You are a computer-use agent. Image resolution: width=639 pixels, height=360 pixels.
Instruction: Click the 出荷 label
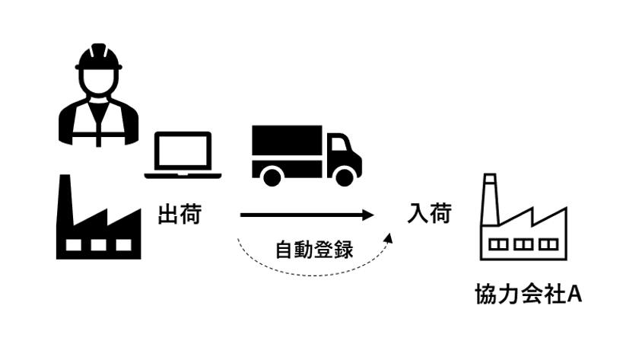point(180,214)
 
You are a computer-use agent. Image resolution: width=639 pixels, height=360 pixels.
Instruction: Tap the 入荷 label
point(429,213)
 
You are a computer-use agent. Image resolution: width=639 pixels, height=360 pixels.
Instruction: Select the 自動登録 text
point(314,250)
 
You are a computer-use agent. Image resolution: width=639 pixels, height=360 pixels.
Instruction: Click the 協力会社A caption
point(529,294)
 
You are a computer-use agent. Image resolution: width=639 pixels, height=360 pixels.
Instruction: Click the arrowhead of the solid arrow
point(368,215)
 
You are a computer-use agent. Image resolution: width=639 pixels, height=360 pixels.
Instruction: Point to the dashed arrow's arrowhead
point(389,237)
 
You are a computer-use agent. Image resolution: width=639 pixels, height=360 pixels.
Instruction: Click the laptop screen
point(183,151)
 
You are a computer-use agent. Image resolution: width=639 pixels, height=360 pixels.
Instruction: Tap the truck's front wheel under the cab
point(345,177)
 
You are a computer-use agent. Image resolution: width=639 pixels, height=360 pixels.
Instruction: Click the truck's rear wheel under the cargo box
point(272,177)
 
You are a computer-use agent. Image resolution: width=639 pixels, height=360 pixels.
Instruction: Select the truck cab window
point(339,144)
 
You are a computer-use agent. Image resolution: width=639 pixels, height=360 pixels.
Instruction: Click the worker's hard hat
point(99,56)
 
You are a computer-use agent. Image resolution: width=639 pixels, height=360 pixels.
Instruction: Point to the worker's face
point(99,80)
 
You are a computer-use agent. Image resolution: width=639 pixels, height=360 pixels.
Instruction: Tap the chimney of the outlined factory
point(490,199)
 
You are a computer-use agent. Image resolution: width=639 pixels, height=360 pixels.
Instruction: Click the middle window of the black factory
point(99,244)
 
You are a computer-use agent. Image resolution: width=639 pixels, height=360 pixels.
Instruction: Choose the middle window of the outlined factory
point(523,244)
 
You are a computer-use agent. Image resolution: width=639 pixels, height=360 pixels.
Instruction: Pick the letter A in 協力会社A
point(574,294)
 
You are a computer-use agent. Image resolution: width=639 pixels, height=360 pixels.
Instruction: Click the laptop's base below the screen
point(183,176)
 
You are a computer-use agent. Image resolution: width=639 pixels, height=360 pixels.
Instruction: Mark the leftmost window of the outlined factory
point(498,244)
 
